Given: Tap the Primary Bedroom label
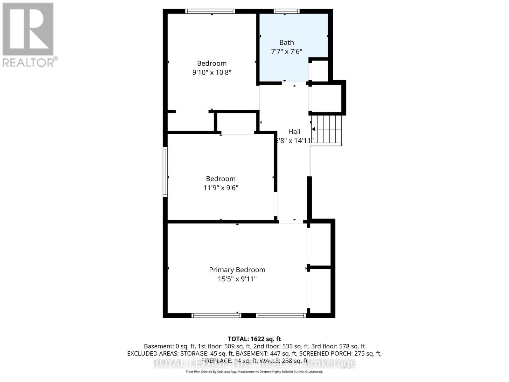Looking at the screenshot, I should pos(237,270).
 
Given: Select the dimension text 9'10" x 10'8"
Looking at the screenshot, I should pos(212,72).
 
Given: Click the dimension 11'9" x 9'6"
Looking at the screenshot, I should pos(220,188).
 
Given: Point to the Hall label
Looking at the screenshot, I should pos(294,131).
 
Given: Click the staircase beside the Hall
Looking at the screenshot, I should pos(328,129).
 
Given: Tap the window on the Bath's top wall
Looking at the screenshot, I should pos(287,11).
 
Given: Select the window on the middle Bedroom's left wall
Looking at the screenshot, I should pos(165,172).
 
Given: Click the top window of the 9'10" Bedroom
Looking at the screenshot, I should pos(210,11).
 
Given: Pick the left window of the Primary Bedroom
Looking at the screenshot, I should pos(216,315).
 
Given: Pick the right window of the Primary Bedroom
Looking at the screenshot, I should pos(281,315).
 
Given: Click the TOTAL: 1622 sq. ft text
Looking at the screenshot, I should pos(254,339).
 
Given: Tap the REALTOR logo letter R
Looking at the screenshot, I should pos(28,29).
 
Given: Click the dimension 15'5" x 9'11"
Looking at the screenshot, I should pos(237,279).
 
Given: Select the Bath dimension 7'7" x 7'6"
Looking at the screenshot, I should pos(286,51).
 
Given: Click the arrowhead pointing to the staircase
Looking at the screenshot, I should pos(313,129).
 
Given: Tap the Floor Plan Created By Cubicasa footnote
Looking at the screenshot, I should pos(254,371).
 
